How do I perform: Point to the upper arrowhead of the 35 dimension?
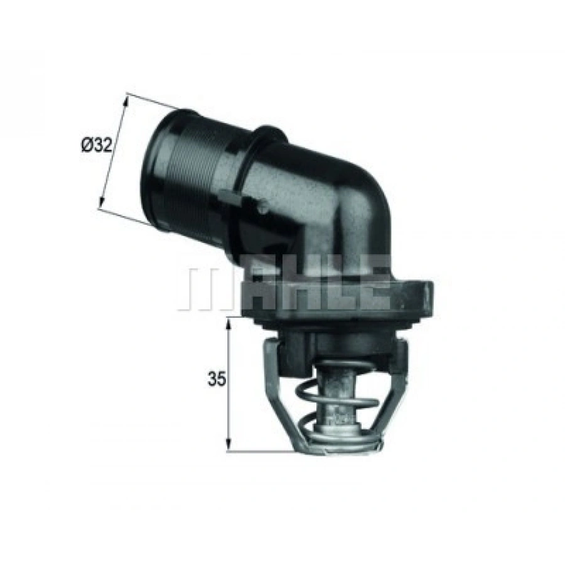229,321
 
